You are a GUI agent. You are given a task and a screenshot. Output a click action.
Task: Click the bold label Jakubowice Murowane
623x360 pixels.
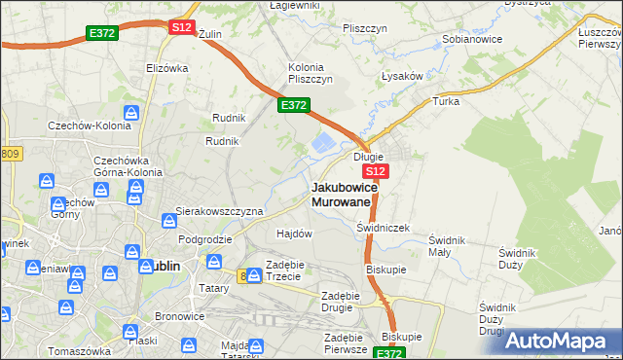pyautogui.click(x=341, y=194)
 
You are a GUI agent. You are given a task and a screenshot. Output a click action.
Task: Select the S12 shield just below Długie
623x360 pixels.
pyautogui.click(x=379, y=171)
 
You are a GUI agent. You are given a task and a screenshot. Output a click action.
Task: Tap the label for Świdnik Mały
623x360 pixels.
pyautogui.click(x=448, y=245)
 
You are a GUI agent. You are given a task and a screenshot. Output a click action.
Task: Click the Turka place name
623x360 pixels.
pyautogui.click(x=446, y=101)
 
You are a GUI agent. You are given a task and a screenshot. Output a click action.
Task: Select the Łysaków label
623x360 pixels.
pyautogui.click(x=401, y=76)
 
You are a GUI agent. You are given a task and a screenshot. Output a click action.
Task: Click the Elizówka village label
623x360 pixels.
pyautogui.click(x=166, y=68)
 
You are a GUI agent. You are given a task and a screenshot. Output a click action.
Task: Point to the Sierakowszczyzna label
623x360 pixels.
pyautogui.click(x=219, y=210)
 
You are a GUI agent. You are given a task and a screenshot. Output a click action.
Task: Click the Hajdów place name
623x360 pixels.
pyautogui.click(x=294, y=234)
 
